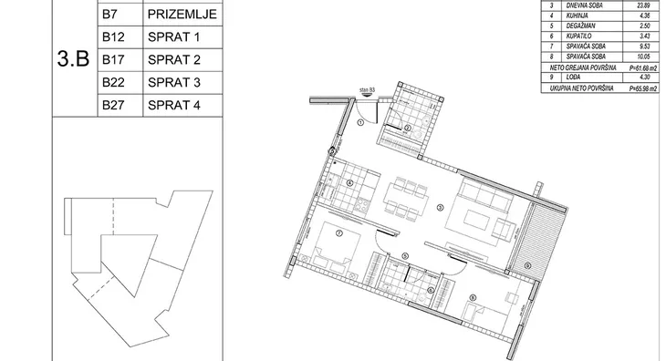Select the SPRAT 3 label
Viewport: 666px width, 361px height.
(172, 83)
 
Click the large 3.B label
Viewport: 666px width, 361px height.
(72, 60)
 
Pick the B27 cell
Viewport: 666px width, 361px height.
(114, 105)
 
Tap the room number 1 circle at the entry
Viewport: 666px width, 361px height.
(361, 121)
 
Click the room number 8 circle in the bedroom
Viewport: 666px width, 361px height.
(472, 297)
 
